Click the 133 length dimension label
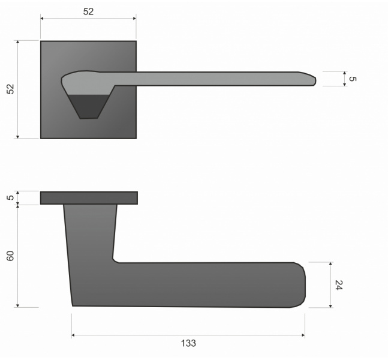188,343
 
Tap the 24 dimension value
338,285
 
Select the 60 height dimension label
10,256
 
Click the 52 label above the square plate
88,11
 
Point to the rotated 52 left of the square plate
10,89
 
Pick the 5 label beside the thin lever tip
353,79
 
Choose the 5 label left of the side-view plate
10,197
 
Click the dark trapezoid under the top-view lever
89,106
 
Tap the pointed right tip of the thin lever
315,80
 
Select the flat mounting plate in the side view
89,198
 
